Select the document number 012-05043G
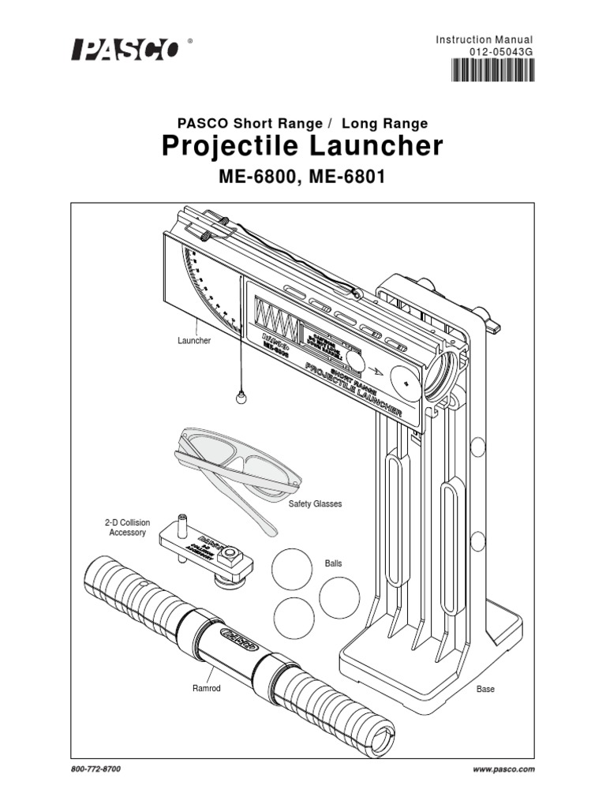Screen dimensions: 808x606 point(496,54)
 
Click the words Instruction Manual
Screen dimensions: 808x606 point(484,40)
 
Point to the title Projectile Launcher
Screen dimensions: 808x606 point(302,147)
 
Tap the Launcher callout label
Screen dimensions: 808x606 point(193,340)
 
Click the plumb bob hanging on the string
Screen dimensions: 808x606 point(241,398)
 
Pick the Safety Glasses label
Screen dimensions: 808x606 point(315,503)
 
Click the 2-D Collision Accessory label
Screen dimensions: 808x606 point(127,528)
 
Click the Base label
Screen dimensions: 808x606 point(485,689)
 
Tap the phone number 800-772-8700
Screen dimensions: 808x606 point(95,768)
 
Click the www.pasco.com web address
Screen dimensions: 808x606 point(504,768)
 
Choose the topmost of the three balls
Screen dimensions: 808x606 point(292,567)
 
